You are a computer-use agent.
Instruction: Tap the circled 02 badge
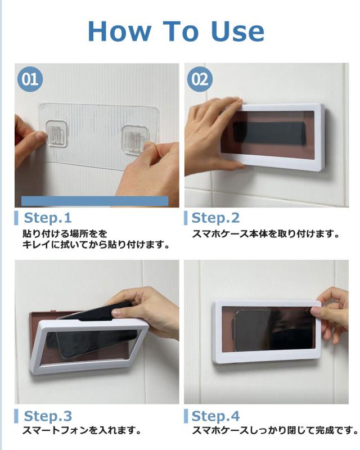point(200,79)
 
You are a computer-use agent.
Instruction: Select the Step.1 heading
point(48,218)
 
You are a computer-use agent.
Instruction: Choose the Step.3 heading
point(48,416)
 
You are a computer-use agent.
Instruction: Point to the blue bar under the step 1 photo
point(94,201)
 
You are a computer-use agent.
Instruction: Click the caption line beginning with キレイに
point(96,245)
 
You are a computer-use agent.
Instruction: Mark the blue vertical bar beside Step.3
point(17,416)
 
